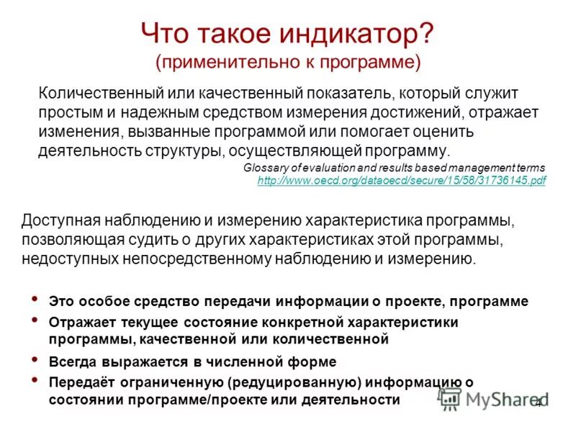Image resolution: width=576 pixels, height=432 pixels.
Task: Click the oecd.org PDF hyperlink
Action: [x=401, y=181]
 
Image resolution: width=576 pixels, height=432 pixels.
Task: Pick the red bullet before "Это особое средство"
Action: [x=35, y=298]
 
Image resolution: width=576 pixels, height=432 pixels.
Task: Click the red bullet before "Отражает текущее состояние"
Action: [x=35, y=320]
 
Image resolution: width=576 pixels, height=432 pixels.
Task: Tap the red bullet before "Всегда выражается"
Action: [x=35, y=358]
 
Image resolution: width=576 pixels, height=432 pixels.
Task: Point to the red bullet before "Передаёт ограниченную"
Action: [x=35, y=379]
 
